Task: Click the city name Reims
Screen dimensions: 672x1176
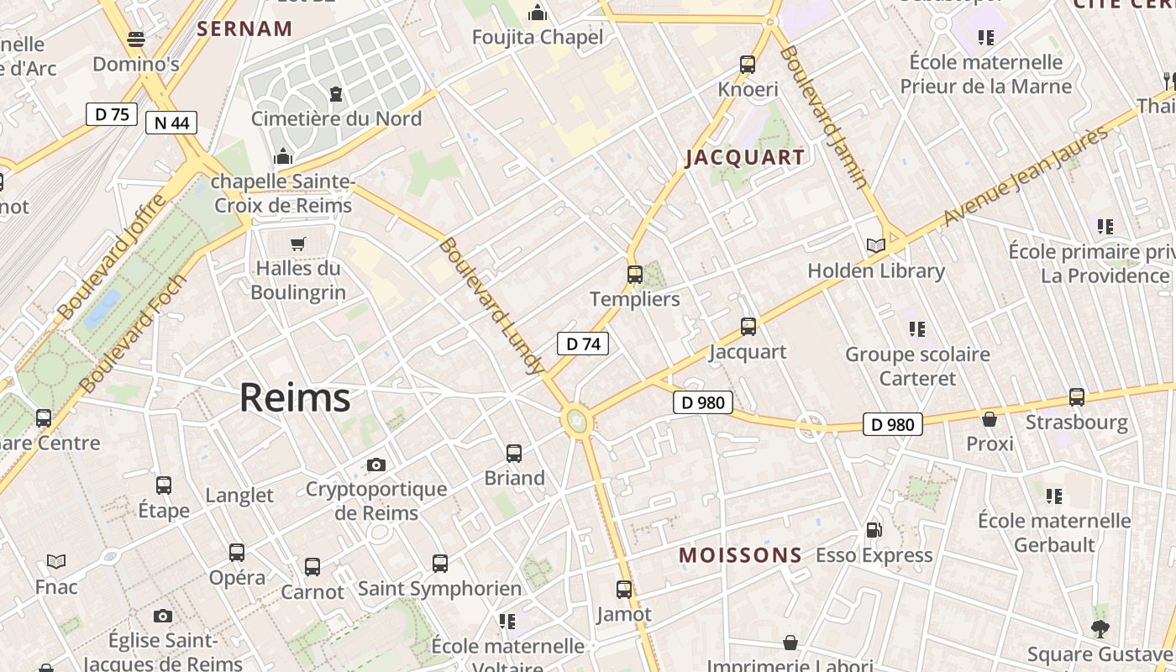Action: pyautogui.click(x=295, y=397)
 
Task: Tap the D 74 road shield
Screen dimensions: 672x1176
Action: pyautogui.click(x=582, y=344)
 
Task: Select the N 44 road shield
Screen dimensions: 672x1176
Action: pyautogui.click(x=171, y=123)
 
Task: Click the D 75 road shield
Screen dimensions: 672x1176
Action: pyautogui.click(x=111, y=114)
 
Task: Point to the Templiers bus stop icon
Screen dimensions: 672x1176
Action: pyautogui.click(x=635, y=275)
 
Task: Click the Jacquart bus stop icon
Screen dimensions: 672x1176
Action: pyautogui.click(x=748, y=327)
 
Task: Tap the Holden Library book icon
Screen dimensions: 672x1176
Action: pyautogui.click(x=875, y=246)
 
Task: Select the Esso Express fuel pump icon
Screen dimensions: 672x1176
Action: pyautogui.click(x=874, y=530)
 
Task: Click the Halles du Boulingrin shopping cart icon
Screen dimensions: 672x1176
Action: pyautogui.click(x=298, y=244)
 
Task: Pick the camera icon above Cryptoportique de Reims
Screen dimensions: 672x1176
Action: pyautogui.click(x=376, y=465)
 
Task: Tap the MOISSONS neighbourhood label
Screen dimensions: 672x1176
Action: pyautogui.click(x=740, y=555)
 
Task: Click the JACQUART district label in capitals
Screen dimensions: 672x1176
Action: pyautogui.click(x=745, y=157)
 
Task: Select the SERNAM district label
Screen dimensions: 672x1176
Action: pyautogui.click(x=244, y=29)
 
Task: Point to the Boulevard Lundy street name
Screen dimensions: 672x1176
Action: pyautogui.click(x=491, y=306)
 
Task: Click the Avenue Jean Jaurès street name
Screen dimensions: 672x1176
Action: pyautogui.click(x=1026, y=176)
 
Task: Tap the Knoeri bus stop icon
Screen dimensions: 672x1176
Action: pyautogui.click(x=748, y=65)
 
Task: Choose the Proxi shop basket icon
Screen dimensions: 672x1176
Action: pyautogui.click(x=990, y=418)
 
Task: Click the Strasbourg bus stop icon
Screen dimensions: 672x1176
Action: pyautogui.click(x=1076, y=397)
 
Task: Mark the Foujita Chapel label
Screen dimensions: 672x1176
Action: pyautogui.click(x=537, y=37)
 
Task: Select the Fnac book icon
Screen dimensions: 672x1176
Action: pyautogui.click(x=56, y=561)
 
